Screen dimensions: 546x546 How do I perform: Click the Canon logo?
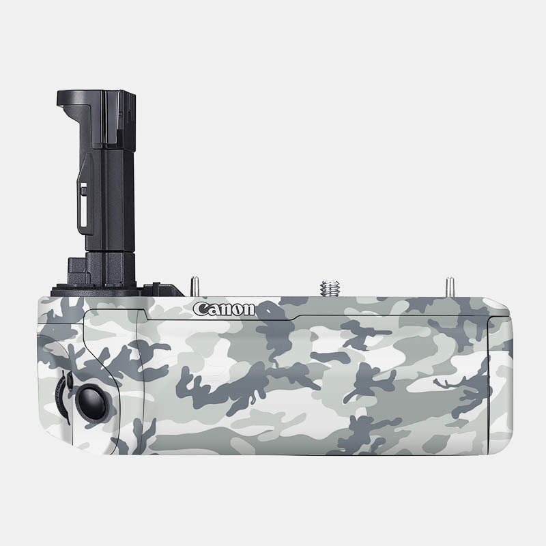(x=224, y=309)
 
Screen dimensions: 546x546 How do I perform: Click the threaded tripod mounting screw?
(x=330, y=287)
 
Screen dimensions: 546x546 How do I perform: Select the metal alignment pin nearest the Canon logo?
(x=195, y=285)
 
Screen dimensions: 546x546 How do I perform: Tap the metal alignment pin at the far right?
(x=449, y=285)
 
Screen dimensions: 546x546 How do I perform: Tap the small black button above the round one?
(x=68, y=376)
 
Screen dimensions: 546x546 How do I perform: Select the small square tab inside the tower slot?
(x=83, y=191)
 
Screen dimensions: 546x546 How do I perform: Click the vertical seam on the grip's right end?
(x=489, y=382)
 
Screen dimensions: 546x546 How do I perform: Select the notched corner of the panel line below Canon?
(x=146, y=314)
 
